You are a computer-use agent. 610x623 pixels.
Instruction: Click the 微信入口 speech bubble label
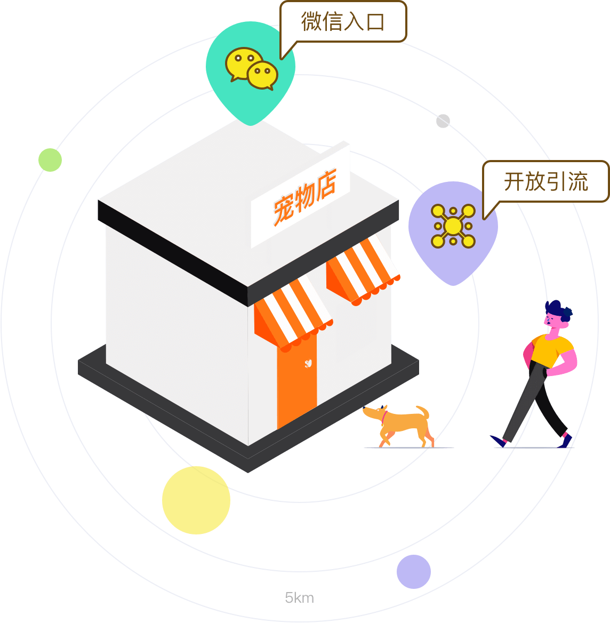[x=342, y=22]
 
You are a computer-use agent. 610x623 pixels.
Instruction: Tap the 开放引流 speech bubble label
[x=545, y=182]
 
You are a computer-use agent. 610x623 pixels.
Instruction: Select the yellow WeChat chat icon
[x=251, y=69]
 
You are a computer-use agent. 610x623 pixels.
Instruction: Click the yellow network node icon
[x=453, y=226]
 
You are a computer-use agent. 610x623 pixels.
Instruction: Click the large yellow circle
[x=196, y=500]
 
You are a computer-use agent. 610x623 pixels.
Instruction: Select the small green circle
[x=50, y=160]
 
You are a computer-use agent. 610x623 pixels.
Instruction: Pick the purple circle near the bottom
[x=413, y=572]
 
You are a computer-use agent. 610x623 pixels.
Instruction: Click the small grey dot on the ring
[x=443, y=121]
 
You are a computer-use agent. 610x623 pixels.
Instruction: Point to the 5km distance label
[x=300, y=598]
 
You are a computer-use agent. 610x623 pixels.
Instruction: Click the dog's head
[x=373, y=413]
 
